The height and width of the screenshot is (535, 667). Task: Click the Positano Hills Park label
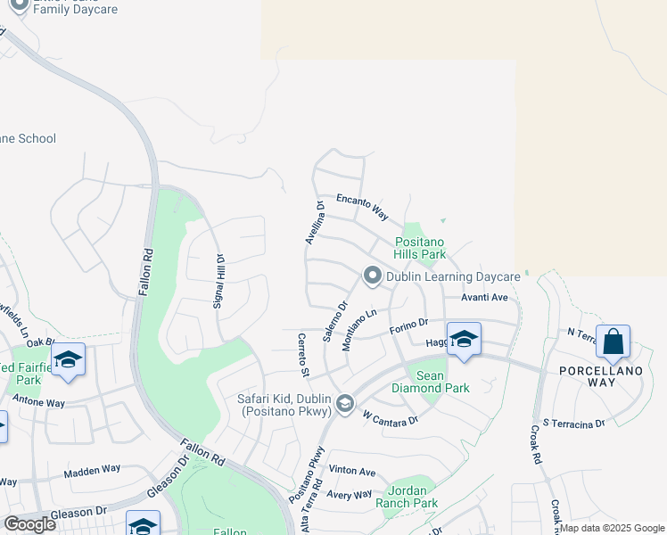click(x=420, y=248)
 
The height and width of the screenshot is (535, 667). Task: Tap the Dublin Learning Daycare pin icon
click(x=373, y=276)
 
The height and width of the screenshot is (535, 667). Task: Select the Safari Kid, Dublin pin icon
click(x=344, y=406)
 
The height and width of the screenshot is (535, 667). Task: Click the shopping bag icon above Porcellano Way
click(x=613, y=342)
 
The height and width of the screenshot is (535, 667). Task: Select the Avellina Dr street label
click(x=313, y=222)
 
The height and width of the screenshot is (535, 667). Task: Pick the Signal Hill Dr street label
click(x=219, y=282)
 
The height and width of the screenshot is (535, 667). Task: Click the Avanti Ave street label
click(x=485, y=298)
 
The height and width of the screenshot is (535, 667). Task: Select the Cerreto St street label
click(x=304, y=353)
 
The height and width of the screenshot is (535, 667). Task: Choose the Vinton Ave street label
click(x=352, y=472)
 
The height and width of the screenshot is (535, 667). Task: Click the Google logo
click(x=29, y=524)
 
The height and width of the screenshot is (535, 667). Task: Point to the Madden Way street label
click(x=92, y=469)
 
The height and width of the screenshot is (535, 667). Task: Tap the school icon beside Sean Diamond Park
click(x=464, y=340)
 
